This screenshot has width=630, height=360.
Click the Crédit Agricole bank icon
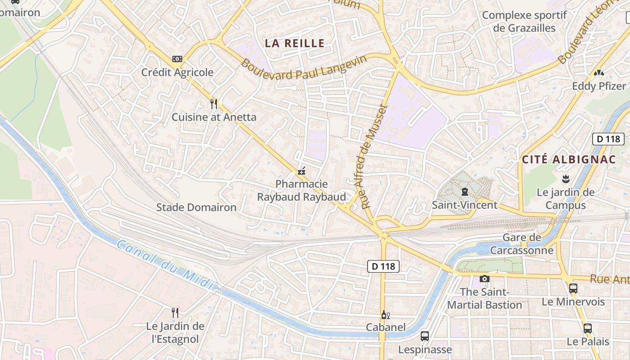[177, 59]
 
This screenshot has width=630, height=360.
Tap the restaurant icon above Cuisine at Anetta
[214, 104]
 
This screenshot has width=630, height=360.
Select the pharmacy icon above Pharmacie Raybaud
[301, 171]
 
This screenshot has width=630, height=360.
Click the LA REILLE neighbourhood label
[294, 43]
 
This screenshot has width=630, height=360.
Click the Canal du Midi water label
[164, 265]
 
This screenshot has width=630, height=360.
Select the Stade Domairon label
[196, 207]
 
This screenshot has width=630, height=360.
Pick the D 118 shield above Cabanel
[383, 266]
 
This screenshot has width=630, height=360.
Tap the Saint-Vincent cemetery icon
[464, 192]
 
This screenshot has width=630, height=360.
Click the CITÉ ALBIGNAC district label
[568, 159]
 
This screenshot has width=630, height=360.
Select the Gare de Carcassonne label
[522, 244]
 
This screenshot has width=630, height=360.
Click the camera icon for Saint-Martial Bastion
[484, 279]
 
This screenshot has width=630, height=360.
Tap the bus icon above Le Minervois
[573, 288]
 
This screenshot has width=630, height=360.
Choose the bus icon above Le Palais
[587, 328]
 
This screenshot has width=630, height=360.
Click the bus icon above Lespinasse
[424, 336]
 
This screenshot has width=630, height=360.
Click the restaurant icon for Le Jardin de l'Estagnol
[175, 312]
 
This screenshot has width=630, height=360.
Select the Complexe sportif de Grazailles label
[524, 22]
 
